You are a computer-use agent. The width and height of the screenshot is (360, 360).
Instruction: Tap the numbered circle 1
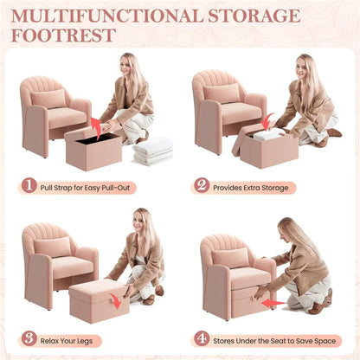[x=29, y=186]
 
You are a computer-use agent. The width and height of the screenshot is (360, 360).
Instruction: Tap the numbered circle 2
[x=202, y=186]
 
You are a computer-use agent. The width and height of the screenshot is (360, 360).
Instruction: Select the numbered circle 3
[x=29, y=338]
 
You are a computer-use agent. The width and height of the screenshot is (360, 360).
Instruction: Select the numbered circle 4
[x=202, y=338]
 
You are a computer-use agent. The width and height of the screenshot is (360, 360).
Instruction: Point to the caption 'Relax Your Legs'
[x=74, y=338]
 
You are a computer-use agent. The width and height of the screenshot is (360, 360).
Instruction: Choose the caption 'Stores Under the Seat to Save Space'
[x=275, y=338]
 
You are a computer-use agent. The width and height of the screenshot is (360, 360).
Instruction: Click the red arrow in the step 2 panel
[x=269, y=120]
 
